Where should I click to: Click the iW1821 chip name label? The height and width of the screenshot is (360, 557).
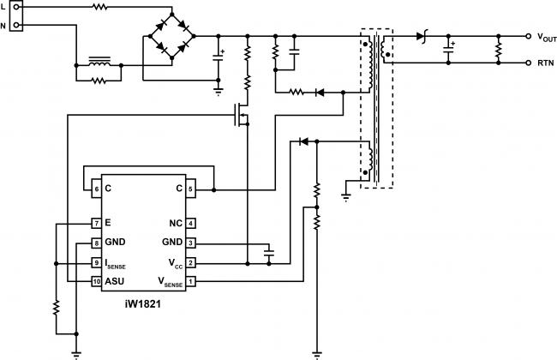(x=143, y=304)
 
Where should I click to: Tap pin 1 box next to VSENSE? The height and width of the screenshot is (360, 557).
(x=191, y=282)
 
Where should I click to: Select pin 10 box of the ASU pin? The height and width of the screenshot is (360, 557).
(x=96, y=282)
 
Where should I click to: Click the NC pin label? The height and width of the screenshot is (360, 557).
(x=176, y=224)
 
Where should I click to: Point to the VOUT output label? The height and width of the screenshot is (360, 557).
(x=547, y=38)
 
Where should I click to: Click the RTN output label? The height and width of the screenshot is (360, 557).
(x=545, y=63)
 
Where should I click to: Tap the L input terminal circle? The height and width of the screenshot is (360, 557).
(x=16, y=6)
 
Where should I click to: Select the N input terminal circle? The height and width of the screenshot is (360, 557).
(x=16, y=25)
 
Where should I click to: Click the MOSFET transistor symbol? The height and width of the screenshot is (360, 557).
(x=241, y=115)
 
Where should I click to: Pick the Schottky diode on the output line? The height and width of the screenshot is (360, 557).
(x=422, y=36)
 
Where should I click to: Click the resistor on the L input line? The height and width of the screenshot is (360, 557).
(x=99, y=6)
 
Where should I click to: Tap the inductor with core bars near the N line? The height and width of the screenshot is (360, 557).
(x=99, y=61)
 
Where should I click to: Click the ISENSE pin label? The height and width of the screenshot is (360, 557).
(x=115, y=264)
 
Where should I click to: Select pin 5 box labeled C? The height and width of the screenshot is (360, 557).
(x=191, y=189)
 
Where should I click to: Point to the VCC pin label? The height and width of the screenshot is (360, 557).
(x=176, y=264)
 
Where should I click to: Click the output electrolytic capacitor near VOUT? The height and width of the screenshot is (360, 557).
(x=449, y=49)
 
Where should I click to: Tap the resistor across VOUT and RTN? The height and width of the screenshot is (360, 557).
(x=499, y=50)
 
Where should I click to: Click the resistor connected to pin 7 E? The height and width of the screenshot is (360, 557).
(x=56, y=308)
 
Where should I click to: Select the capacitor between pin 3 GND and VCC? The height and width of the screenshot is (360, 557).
(x=269, y=253)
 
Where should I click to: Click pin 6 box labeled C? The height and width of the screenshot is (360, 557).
(x=96, y=189)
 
